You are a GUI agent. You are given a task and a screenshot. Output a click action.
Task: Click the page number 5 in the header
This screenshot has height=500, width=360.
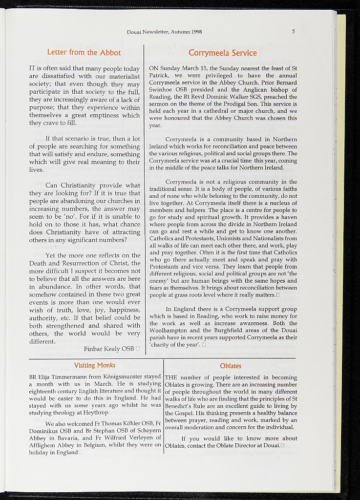(294, 32)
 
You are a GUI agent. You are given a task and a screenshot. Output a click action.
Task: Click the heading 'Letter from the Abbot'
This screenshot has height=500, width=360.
(84, 52)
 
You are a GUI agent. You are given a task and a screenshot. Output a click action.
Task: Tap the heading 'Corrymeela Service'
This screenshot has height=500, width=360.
(222, 53)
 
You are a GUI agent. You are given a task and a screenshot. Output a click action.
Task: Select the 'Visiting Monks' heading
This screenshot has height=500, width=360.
(95, 365)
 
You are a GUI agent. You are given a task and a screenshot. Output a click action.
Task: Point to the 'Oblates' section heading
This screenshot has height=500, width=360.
(231, 366)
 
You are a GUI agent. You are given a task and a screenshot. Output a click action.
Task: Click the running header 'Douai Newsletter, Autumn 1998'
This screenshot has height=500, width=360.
(165, 32)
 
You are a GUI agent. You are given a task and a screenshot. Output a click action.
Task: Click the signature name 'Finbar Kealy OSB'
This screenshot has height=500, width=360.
(109, 349)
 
